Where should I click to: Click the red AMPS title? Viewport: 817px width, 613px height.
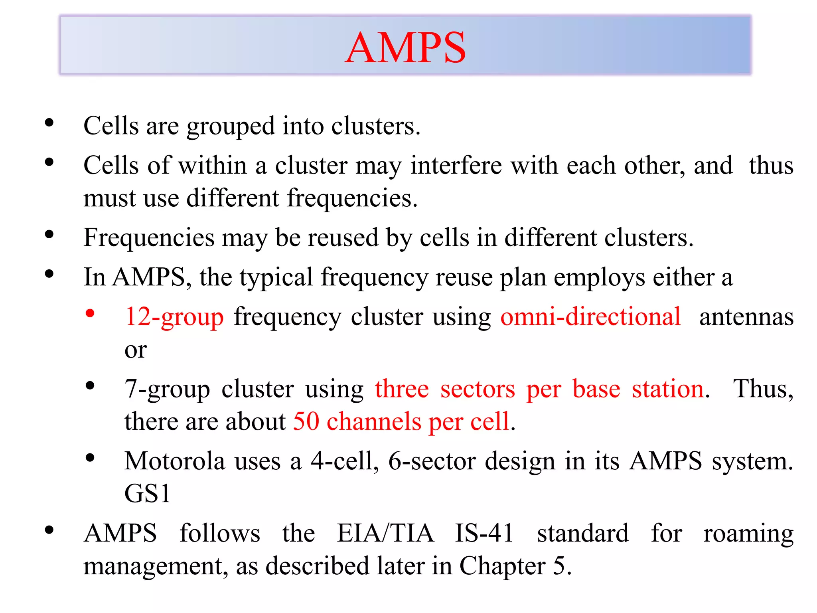point(405,48)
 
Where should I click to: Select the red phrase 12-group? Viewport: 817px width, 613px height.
point(174,317)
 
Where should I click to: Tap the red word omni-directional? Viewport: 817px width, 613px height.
point(590,317)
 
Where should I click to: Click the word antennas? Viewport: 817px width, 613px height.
point(746,317)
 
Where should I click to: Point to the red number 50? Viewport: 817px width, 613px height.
point(306,421)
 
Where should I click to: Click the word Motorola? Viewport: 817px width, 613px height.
point(175,461)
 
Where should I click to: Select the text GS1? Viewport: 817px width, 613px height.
point(147,494)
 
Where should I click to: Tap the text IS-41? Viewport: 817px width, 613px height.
point(484,534)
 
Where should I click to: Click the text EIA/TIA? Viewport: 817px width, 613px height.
point(385,534)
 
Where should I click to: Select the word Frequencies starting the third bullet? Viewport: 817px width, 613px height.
point(149,238)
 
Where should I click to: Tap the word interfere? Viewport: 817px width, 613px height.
point(456,166)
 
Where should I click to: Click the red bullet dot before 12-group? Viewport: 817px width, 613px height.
point(90,313)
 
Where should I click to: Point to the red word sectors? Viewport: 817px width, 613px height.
point(478,389)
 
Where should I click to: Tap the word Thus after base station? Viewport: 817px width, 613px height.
point(763,389)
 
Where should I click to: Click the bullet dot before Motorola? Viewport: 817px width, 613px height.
point(90,458)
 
